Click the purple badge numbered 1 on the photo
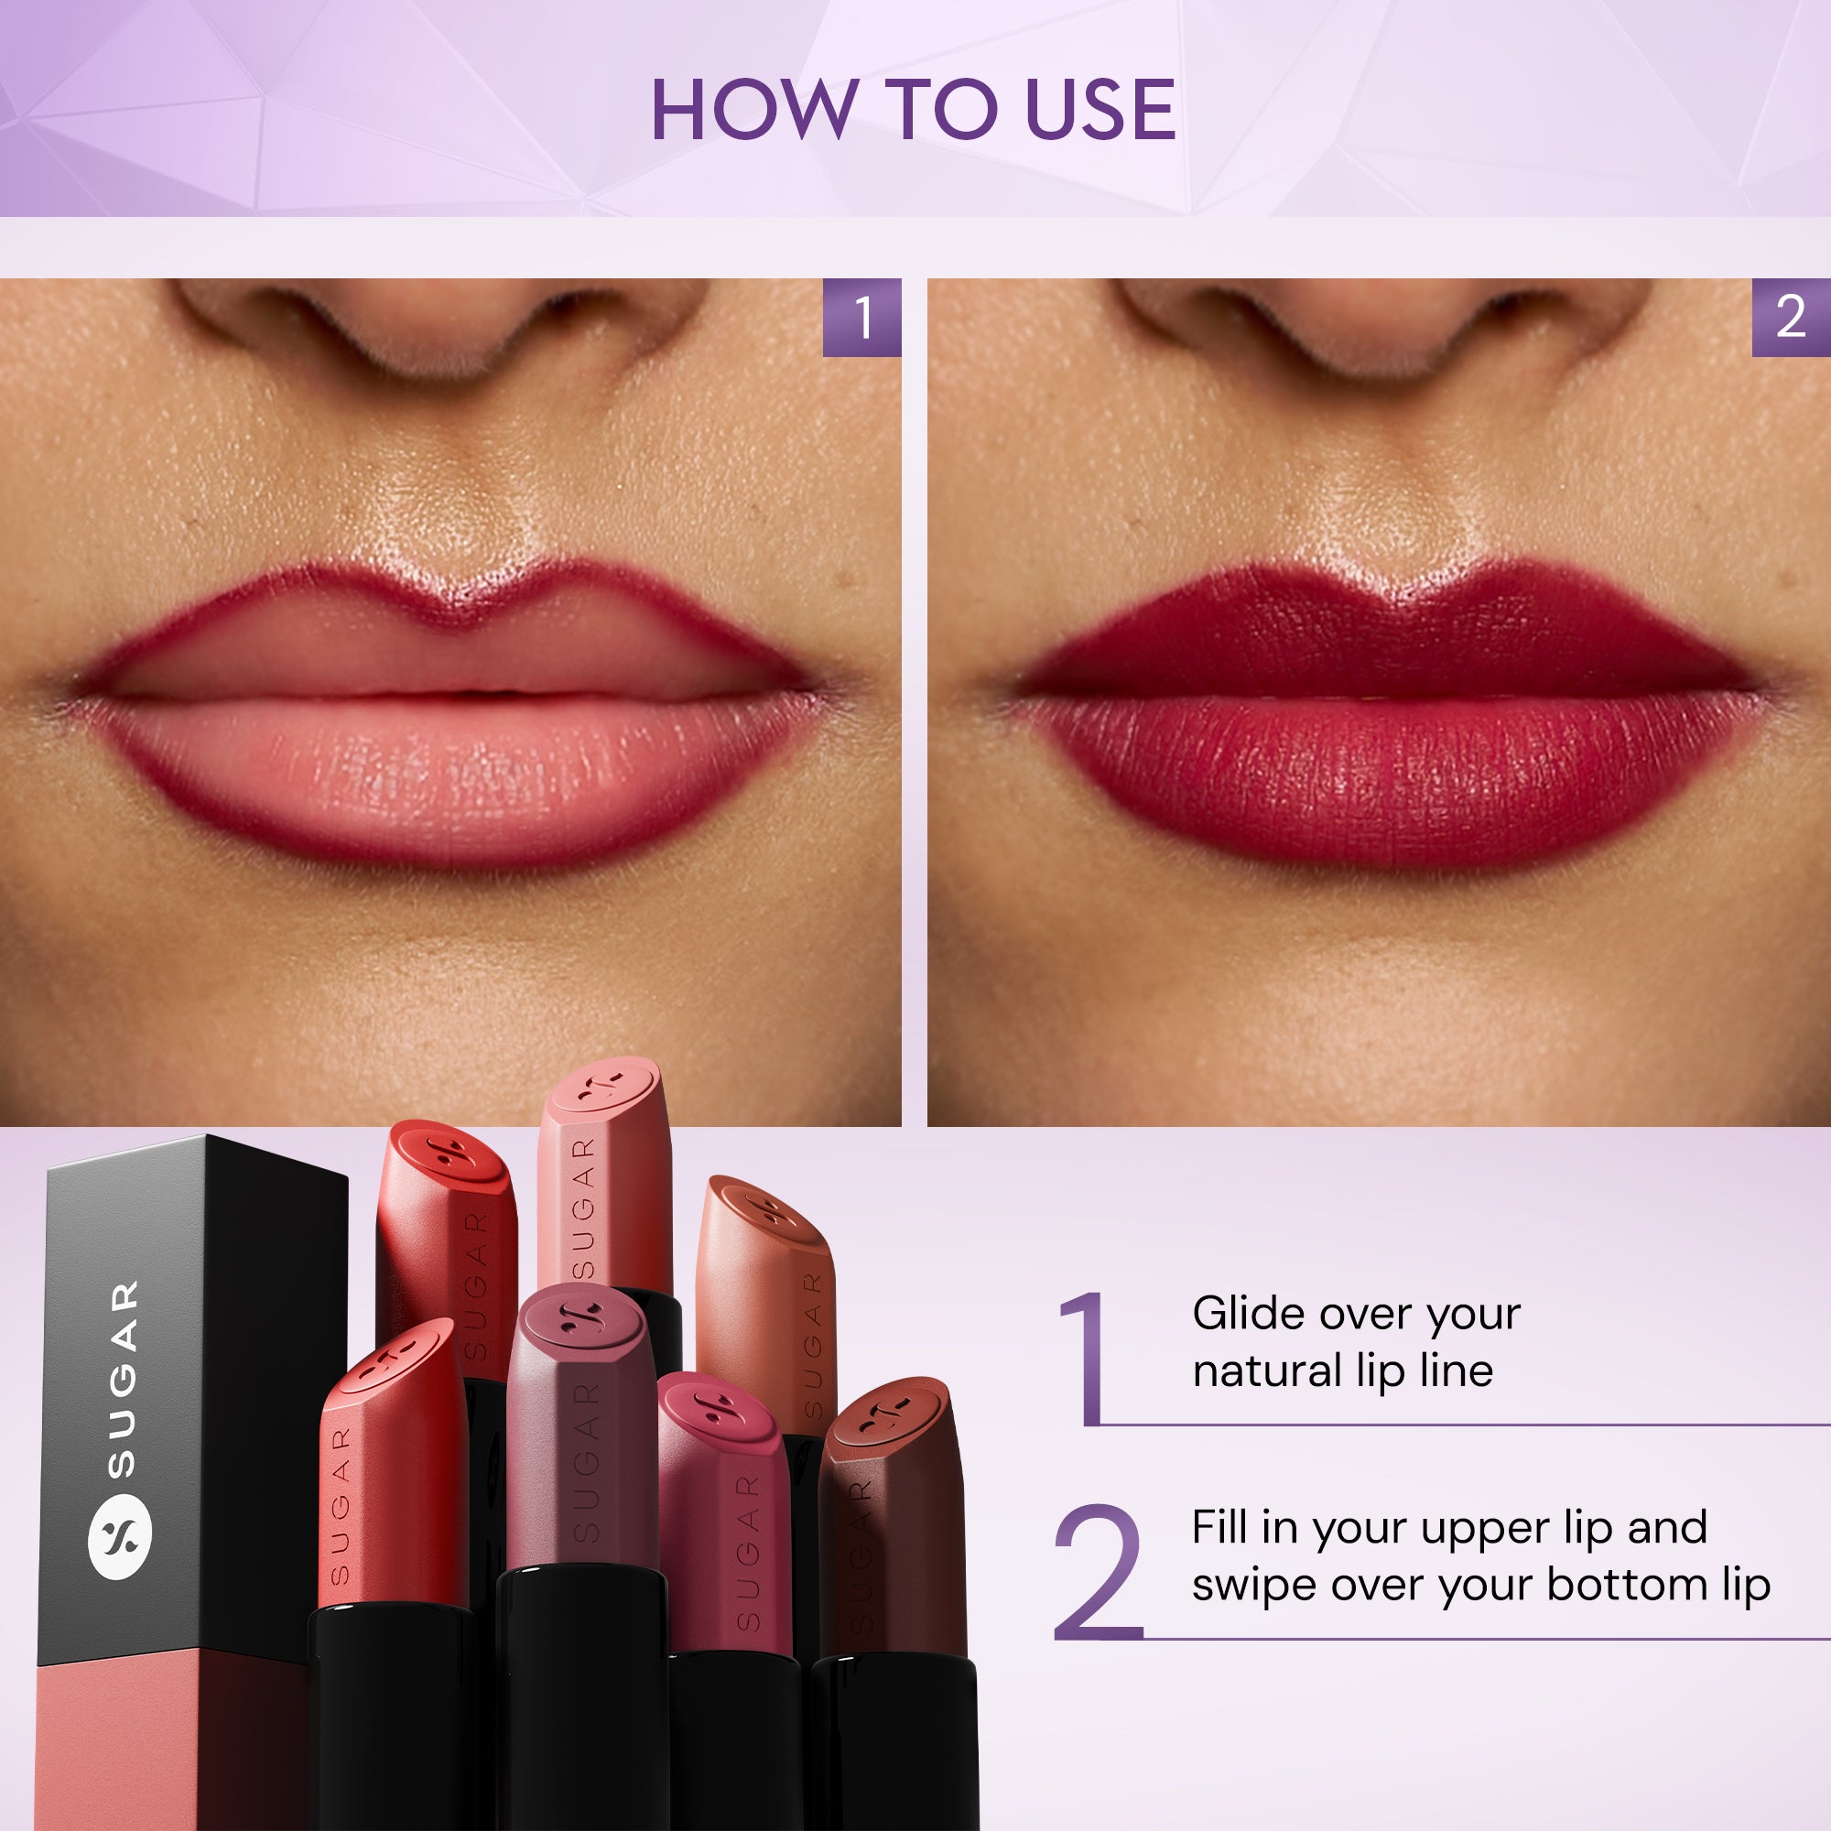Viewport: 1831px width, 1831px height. pyautogui.click(x=861, y=318)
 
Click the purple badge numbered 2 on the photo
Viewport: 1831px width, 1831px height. pyautogui.click(x=1790, y=318)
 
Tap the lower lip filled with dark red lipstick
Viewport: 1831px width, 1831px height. pyautogui.click(x=1389, y=777)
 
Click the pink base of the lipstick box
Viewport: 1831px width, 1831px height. pyautogui.click(x=170, y=1744)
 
